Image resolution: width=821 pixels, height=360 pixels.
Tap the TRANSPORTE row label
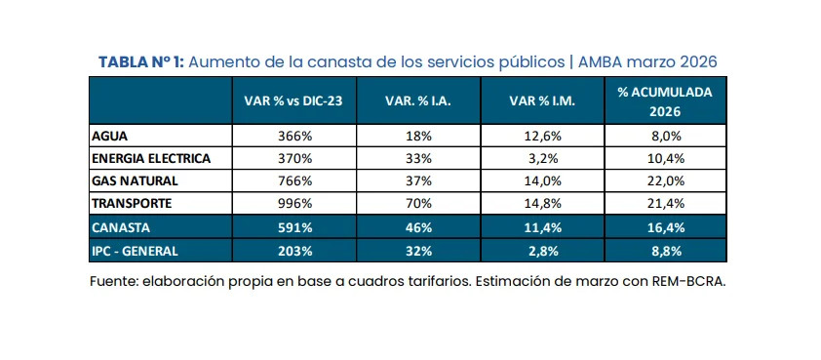[131, 204]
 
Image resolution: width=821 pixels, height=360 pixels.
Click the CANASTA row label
[120, 227]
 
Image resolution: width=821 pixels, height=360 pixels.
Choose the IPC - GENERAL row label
[136, 250]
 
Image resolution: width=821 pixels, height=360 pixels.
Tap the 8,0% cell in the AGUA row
[665, 137]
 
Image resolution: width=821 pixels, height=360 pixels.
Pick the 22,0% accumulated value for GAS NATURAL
[665, 181]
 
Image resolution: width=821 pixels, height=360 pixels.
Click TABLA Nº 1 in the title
[140, 61]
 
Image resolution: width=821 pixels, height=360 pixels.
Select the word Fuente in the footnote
[114, 282]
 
